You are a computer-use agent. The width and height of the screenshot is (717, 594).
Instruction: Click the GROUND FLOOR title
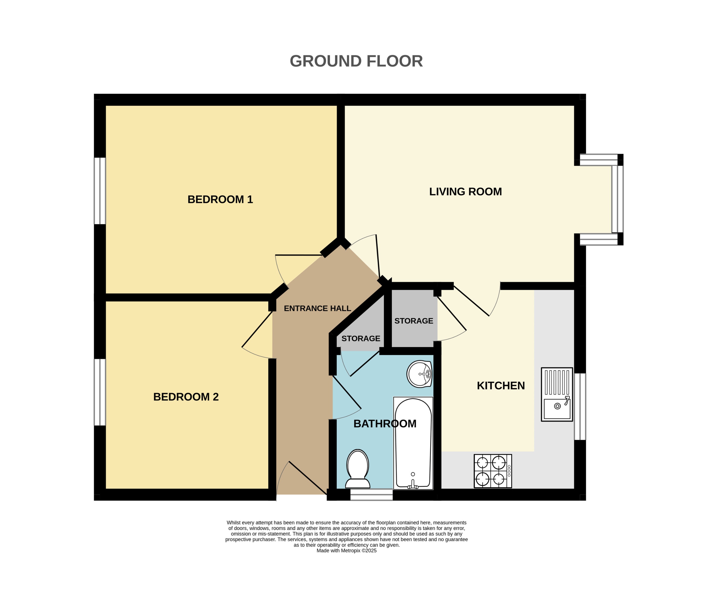(356, 62)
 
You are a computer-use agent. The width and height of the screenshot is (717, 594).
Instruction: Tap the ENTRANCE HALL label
(317, 308)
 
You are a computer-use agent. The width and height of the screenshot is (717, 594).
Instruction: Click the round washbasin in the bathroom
(419, 374)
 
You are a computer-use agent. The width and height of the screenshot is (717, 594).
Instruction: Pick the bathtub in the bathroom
(413, 443)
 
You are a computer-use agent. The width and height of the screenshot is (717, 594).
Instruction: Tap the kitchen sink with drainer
(557, 394)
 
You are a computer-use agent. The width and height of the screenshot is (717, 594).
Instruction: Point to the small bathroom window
(371, 495)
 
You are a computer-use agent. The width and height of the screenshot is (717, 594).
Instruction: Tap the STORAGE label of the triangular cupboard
(361, 338)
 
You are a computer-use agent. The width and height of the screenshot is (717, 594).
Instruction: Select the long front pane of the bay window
(617, 199)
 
